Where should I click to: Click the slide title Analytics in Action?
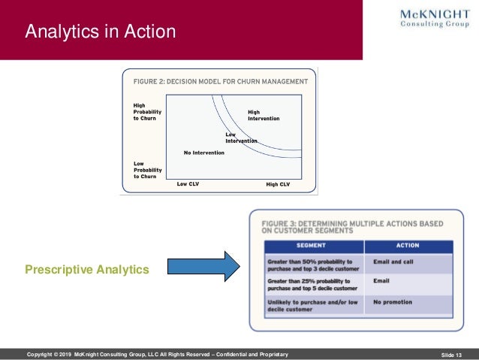point(101,32)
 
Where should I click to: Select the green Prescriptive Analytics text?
point(87,268)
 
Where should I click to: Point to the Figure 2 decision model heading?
point(221,80)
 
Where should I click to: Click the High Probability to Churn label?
point(145,112)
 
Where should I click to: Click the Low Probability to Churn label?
point(145,170)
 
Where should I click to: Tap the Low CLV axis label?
point(188,183)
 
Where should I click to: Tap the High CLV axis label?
point(278,183)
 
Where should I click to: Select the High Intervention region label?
point(264,115)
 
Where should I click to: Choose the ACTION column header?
point(408,246)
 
